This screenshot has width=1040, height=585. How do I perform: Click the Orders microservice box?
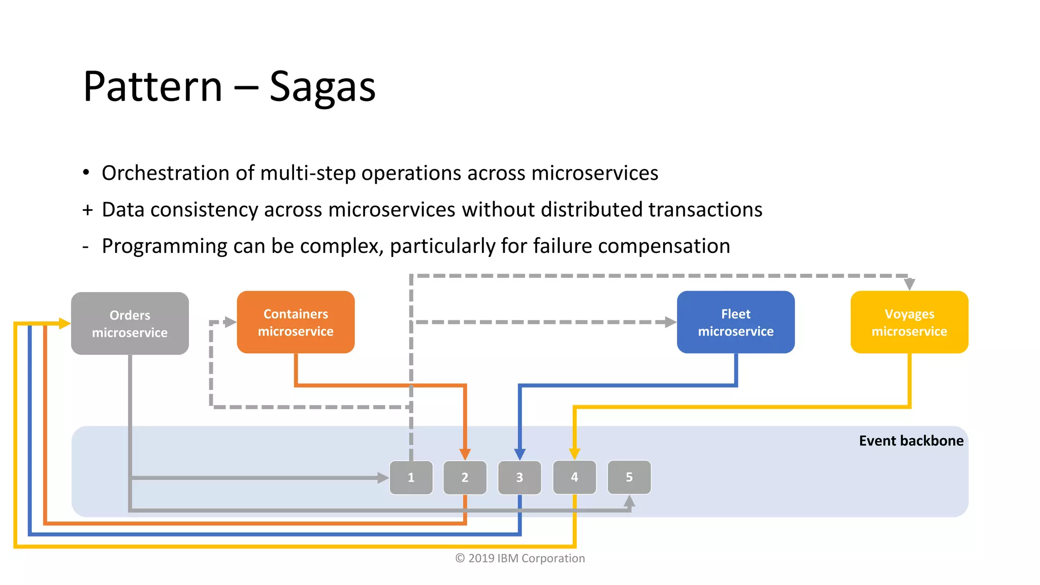(x=130, y=323)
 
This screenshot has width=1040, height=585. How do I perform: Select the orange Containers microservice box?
(x=296, y=322)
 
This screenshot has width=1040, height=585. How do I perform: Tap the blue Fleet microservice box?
(x=735, y=322)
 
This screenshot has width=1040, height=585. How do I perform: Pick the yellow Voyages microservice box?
(x=909, y=322)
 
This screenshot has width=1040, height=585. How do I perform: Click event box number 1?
(x=411, y=477)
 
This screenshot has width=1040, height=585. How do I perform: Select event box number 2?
(x=465, y=477)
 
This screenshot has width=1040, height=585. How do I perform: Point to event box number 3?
(x=519, y=477)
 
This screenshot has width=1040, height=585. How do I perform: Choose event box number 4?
(x=574, y=477)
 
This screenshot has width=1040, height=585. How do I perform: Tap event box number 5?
(x=629, y=477)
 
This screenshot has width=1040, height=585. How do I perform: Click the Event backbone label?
(x=911, y=441)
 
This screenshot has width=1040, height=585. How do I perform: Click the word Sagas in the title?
(x=322, y=87)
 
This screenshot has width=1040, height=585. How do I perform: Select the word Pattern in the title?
(x=153, y=87)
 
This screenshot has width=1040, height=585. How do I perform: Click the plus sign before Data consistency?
(x=88, y=210)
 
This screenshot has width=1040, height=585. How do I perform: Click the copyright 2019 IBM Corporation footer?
(x=520, y=558)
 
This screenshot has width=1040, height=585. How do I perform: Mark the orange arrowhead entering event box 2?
(x=465, y=454)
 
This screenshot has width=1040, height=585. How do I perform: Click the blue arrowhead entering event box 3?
(x=519, y=454)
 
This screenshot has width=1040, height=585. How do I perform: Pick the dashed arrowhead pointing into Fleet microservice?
(x=670, y=322)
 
